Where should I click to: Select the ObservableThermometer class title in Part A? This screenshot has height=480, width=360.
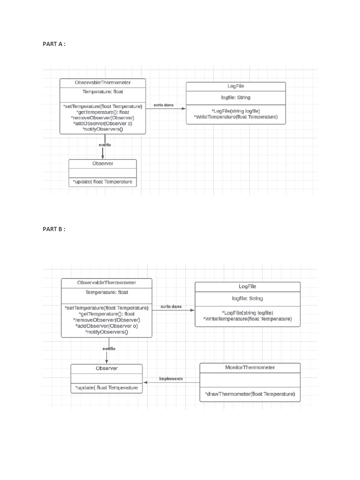click(x=103, y=82)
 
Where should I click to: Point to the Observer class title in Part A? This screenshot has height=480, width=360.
click(x=103, y=164)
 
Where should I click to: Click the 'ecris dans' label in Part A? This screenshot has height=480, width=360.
click(x=163, y=105)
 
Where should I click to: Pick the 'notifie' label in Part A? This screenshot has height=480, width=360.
click(x=105, y=145)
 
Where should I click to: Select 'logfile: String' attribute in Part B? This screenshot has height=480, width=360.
click(x=247, y=298)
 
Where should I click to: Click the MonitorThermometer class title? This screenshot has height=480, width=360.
click(x=250, y=367)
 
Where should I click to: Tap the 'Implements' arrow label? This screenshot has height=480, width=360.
click(x=171, y=378)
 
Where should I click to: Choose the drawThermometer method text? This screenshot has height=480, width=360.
click(x=250, y=394)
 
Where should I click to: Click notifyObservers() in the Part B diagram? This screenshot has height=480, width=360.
click(x=106, y=332)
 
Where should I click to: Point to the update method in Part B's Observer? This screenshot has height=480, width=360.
click(x=106, y=388)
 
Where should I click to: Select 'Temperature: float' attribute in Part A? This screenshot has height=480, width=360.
click(x=103, y=92)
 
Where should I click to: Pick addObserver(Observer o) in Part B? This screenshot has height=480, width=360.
click(x=106, y=326)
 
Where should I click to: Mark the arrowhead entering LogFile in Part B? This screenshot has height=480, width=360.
click(x=192, y=310)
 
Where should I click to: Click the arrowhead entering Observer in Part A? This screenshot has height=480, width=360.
click(x=103, y=157)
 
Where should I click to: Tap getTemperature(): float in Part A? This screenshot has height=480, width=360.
click(x=103, y=112)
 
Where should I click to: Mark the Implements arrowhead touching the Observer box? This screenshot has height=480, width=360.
click(x=145, y=382)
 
